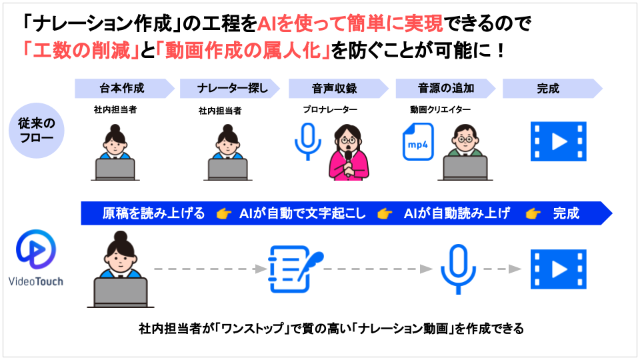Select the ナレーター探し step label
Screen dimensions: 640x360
229,89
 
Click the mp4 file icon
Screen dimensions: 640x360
418,141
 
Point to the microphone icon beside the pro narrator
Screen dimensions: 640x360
308,140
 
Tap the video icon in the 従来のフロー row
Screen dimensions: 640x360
558,141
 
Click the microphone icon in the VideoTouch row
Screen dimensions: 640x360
457,268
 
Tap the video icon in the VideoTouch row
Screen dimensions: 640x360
558,269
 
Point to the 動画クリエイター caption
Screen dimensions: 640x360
440,109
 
